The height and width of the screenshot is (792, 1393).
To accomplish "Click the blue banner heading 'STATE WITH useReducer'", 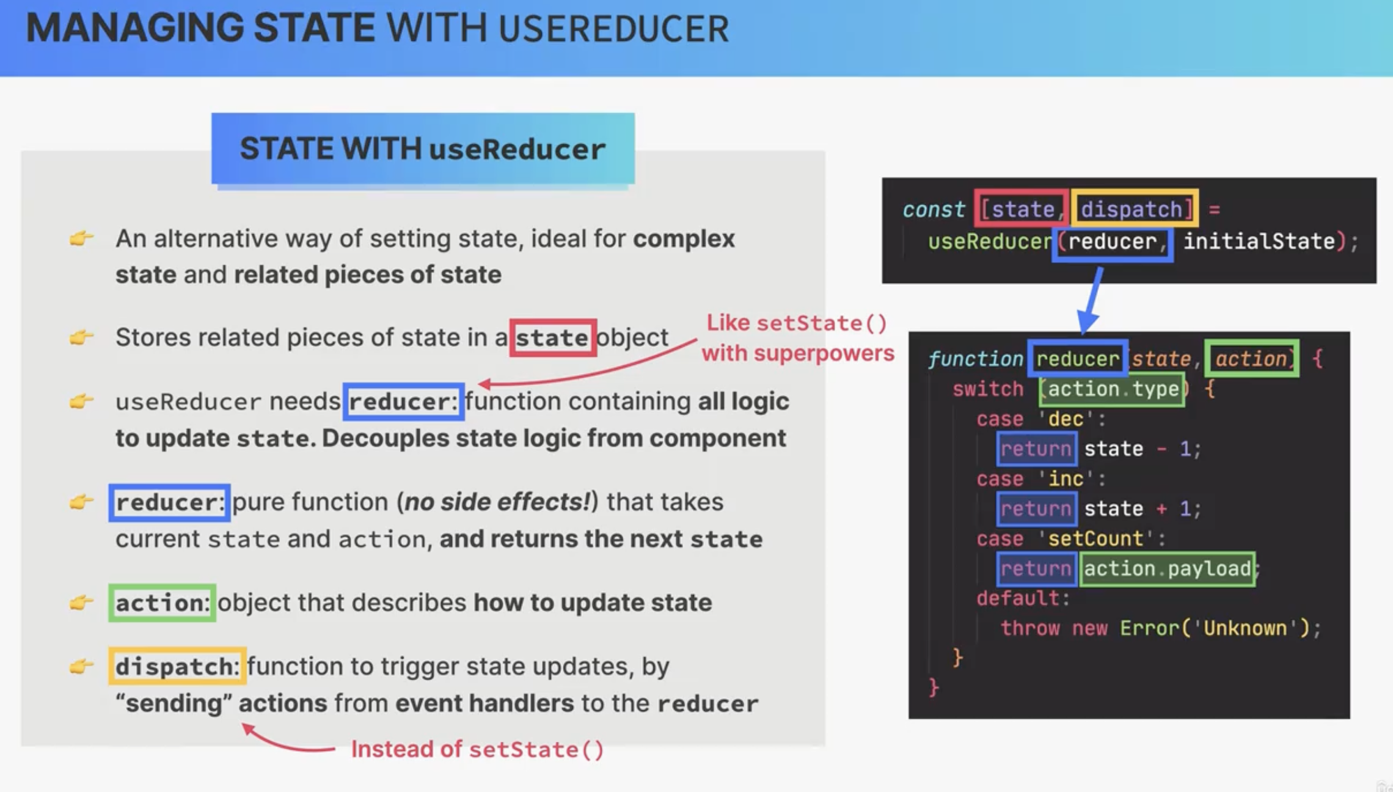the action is point(423,148).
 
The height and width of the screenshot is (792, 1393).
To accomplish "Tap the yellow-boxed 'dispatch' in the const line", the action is point(1134,209).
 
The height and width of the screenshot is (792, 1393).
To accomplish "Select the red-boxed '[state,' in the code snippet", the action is point(1022,209).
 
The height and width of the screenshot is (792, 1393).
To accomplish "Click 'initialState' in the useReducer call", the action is point(1259,241).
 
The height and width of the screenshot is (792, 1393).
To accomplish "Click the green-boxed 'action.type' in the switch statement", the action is point(1113,389).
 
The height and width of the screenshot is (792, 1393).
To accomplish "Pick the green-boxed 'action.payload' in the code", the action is point(1168,569).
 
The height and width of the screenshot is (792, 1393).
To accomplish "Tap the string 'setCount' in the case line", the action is point(1095,539).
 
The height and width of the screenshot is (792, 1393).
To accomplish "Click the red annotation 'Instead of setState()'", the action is point(477,749).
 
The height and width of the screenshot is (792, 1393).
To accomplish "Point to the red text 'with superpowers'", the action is point(798,353).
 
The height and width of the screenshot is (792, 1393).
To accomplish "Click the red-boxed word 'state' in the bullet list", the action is point(553,337).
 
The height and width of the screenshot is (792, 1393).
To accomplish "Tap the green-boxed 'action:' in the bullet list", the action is point(162,603).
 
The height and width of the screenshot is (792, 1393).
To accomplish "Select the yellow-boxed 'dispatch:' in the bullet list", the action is point(177,665).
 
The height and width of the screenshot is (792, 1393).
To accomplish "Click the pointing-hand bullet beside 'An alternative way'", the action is point(81,238).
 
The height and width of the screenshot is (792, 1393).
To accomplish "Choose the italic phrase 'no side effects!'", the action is point(497,502).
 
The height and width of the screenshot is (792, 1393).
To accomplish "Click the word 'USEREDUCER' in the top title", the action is point(614,29).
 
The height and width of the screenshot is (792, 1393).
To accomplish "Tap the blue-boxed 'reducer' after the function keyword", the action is point(1078,359).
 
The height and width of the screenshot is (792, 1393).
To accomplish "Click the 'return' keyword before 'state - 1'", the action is point(1036,449).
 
